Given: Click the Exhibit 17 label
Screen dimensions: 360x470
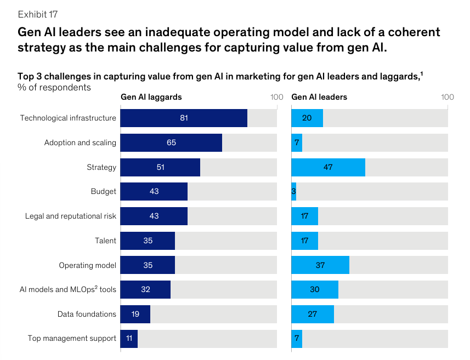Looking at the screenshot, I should (x=37, y=14).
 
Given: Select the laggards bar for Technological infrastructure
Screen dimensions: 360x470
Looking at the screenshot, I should (x=184, y=118).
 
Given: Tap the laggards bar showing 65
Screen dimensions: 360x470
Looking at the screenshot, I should (x=171, y=142).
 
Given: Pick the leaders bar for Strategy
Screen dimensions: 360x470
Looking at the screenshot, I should (x=328, y=167).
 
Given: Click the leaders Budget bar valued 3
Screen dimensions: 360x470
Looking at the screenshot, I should (x=294, y=191).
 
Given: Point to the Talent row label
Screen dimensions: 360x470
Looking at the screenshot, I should (x=105, y=241).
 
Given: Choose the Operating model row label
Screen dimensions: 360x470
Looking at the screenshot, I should (x=88, y=265).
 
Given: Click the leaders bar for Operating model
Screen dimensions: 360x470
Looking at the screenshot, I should (x=320, y=265).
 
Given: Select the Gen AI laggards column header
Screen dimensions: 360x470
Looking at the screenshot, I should (x=151, y=97).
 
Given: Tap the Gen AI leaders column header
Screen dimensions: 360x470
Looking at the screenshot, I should (x=319, y=97).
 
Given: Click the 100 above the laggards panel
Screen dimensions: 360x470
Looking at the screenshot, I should (x=276, y=97).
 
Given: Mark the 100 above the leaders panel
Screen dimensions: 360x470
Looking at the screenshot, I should (x=448, y=97).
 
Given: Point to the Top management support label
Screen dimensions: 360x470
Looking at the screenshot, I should (x=72, y=338).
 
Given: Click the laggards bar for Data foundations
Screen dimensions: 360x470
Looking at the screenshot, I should (x=135, y=314).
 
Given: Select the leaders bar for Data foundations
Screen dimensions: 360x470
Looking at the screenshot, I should (x=313, y=314).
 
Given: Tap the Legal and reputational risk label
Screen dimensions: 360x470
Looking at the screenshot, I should (x=71, y=216).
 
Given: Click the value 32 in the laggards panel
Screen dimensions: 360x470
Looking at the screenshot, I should (x=145, y=289).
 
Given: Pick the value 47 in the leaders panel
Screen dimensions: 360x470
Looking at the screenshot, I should (x=328, y=167).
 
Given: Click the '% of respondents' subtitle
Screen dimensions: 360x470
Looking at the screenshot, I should (x=54, y=87).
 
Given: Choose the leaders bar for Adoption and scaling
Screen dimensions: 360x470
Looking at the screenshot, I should (x=297, y=142).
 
